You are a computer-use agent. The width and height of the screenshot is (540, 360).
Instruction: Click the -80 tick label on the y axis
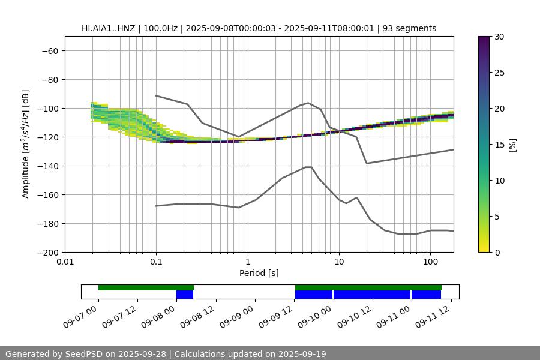[49, 80]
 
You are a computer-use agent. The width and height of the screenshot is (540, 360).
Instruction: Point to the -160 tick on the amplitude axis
[46, 195]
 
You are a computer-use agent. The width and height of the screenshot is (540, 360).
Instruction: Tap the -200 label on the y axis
[46, 253]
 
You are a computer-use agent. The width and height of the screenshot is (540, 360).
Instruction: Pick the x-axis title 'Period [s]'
[259, 274]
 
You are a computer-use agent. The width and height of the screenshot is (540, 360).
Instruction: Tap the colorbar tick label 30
[499, 37]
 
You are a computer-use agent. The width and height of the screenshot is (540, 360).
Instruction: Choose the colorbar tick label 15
[499, 145]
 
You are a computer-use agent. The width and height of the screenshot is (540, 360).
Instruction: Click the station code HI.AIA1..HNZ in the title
[112, 28]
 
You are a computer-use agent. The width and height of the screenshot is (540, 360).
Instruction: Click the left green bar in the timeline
[146, 287]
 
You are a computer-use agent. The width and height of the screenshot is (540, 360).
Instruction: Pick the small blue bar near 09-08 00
[185, 295]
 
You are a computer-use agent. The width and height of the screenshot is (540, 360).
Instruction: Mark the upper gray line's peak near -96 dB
[308, 103]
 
